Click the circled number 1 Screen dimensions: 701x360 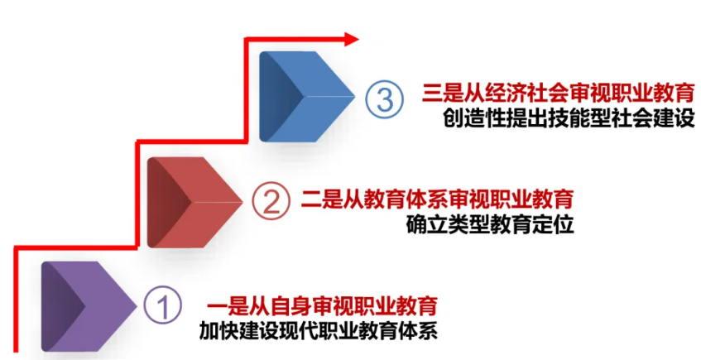pyautogui.click(x=162, y=305)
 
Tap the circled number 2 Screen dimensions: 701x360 pyautogui.click(x=271, y=200)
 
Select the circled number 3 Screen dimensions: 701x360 pyautogui.click(x=384, y=98)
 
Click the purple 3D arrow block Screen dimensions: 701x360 pyautogui.click(x=89, y=306)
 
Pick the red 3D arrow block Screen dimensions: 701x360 pyautogui.click(x=195, y=202)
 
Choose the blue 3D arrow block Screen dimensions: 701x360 pyautogui.click(x=307, y=97)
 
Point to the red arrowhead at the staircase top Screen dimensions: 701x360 pyautogui.click(x=352, y=40)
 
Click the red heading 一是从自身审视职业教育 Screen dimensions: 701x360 pyautogui.click(x=322, y=306)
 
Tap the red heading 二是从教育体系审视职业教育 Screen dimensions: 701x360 pyautogui.click(x=437, y=199)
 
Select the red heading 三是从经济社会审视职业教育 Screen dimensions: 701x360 pyautogui.click(x=559, y=93)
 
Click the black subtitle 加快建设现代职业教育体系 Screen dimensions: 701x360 pyautogui.click(x=319, y=330)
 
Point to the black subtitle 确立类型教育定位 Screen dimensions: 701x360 pyautogui.click(x=490, y=224)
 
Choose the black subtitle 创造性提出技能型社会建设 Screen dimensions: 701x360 pyautogui.click(x=569, y=118)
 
